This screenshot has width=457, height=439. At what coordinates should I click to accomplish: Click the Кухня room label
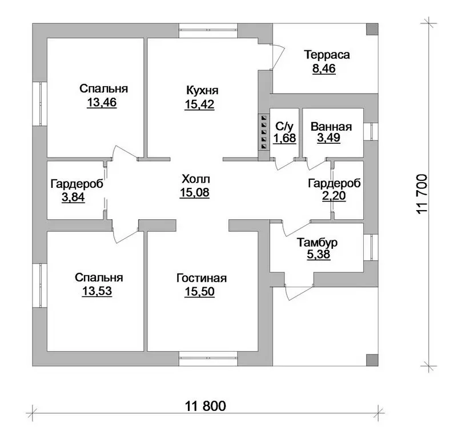(x=202, y=91)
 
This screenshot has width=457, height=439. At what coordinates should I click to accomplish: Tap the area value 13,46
(x=102, y=102)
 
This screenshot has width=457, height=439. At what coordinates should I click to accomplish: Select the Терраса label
(x=327, y=55)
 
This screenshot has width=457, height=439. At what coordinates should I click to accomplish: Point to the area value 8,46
(x=324, y=69)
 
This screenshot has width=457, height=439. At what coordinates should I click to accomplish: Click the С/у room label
(x=284, y=126)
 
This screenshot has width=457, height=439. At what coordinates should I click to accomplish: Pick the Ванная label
(x=331, y=127)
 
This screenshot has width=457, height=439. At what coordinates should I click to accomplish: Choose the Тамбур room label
(x=317, y=243)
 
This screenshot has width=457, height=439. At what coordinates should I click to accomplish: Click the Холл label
(x=195, y=179)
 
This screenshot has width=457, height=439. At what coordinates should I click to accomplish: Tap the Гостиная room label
(x=202, y=278)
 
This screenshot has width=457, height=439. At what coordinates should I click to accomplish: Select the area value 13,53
(x=97, y=291)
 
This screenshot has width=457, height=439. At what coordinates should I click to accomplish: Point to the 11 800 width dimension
(x=206, y=406)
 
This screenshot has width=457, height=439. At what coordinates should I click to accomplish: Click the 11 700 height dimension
(x=422, y=194)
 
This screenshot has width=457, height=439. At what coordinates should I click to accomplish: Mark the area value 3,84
(x=73, y=197)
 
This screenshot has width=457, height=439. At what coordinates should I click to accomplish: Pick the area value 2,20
(x=334, y=195)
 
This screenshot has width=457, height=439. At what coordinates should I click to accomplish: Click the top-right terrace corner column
(x=372, y=30)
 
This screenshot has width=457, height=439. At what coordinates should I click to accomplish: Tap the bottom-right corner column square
(x=372, y=360)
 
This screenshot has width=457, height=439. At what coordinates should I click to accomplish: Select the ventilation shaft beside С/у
(x=264, y=132)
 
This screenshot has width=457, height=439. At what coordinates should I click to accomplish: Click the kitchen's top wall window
(x=208, y=31)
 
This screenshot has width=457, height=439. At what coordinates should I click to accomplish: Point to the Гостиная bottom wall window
(x=208, y=359)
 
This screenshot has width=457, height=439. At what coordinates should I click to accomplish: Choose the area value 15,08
(x=194, y=192)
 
